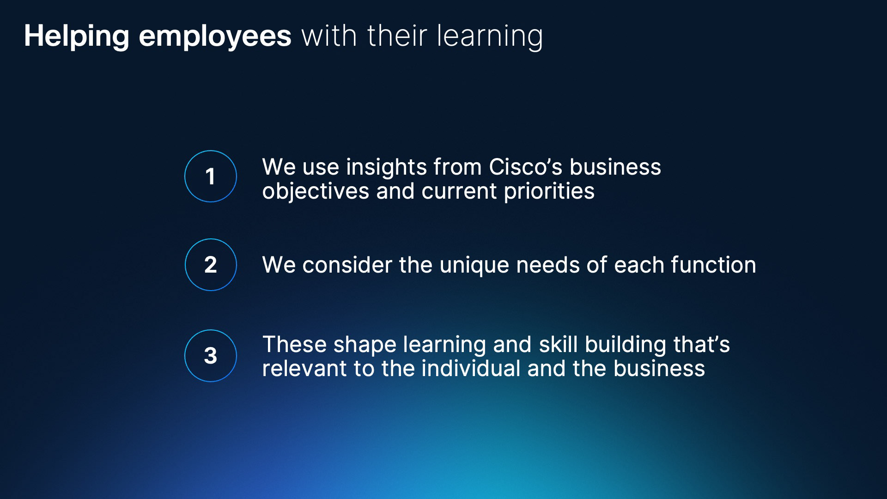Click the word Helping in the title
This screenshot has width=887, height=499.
pyautogui.click(x=77, y=37)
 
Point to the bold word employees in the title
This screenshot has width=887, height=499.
pyautogui.click(x=215, y=37)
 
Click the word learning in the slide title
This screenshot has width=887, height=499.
pyautogui.click(x=490, y=37)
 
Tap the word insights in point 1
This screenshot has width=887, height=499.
pyautogui.click(x=386, y=167)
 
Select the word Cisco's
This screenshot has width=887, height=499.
pyautogui.click(x=526, y=167)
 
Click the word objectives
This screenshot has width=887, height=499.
pyautogui.click(x=316, y=191)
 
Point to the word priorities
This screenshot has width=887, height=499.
pyautogui.click(x=549, y=191)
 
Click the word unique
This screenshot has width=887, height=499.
pyautogui.click(x=474, y=266)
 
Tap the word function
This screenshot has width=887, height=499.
pyautogui.click(x=714, y=265)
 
